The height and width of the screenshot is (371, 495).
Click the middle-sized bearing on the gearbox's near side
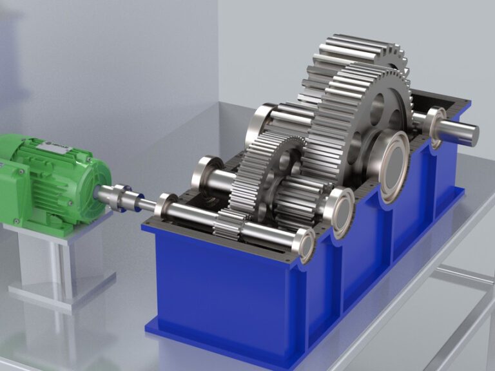click(x=340, y=210)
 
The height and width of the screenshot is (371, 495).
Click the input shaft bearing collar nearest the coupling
click(x=166, y=205)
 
